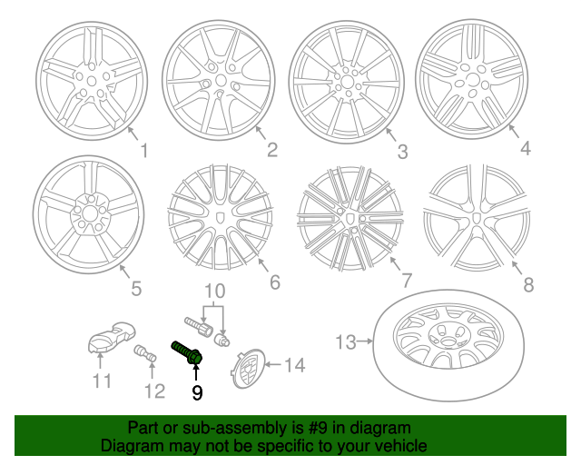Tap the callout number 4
(525, 148)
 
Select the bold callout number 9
(196, 392)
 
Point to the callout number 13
(346, 342)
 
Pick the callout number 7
(406, 280)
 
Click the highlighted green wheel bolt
(185, 352)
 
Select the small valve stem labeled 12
(143, 354)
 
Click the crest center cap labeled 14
(248, 369)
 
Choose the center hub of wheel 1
(88, 80)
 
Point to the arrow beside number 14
(271, 366)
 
